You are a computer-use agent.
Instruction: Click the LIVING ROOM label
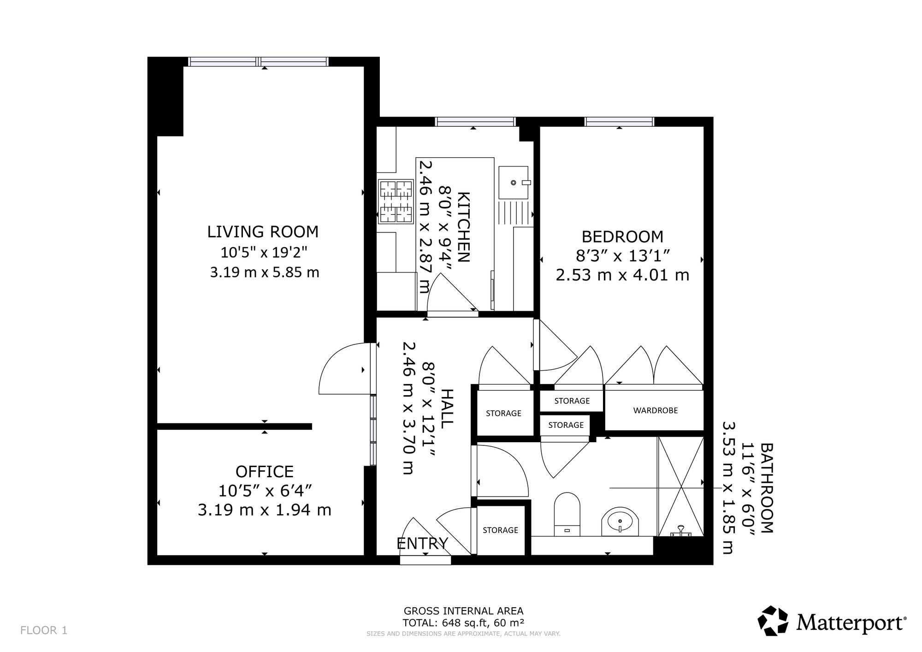[263, 231]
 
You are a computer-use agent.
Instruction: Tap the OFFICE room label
[265, 472]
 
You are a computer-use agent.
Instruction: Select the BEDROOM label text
[622, 237]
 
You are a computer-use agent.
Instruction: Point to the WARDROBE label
[656, 410]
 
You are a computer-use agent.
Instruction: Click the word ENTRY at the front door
[422, 544]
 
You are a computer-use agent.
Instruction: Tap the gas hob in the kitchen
[396, 202]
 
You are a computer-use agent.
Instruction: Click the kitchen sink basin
[513, 183]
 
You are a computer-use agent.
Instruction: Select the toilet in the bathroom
[567, 515]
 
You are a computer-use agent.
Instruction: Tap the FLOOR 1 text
[44, 630]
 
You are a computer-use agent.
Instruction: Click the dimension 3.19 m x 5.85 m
[265, 272]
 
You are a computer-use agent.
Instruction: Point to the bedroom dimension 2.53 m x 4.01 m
[622, 275]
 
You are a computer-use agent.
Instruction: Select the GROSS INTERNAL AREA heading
[463, 611]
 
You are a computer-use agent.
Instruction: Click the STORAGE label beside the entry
[500, 530]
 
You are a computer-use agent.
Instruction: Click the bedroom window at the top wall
[620, 122]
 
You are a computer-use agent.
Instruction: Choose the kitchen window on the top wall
[475, 122]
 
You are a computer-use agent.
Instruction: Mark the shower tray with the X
[681, 486]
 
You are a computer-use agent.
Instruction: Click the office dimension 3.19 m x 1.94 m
[265, 510]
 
